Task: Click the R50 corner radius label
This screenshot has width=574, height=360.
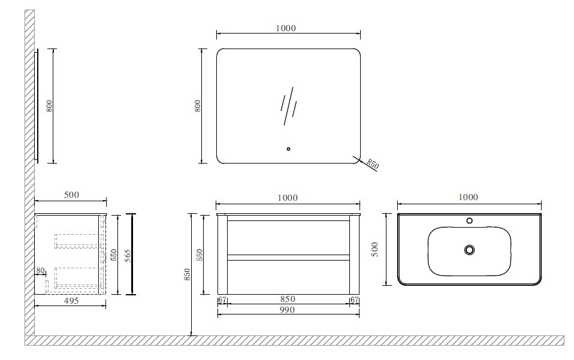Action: click(x=373, y=164)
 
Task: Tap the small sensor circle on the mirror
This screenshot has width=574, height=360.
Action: click(x=288, y=149)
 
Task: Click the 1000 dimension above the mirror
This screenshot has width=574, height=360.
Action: click(x=286, y=28)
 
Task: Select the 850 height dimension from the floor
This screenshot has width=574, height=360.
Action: click(x=187, y=274)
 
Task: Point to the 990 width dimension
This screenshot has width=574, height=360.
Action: click(x=287, y=310)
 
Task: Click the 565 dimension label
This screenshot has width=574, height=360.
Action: click(x=128, y=255)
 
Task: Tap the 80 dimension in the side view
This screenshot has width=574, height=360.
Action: click(x=40, y=271)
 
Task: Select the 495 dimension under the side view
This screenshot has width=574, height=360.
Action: click(x=71, y=301)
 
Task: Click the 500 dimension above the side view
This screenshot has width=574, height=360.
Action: click(x=71, y=195)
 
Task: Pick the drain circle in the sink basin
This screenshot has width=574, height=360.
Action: click(x=469, y=250)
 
